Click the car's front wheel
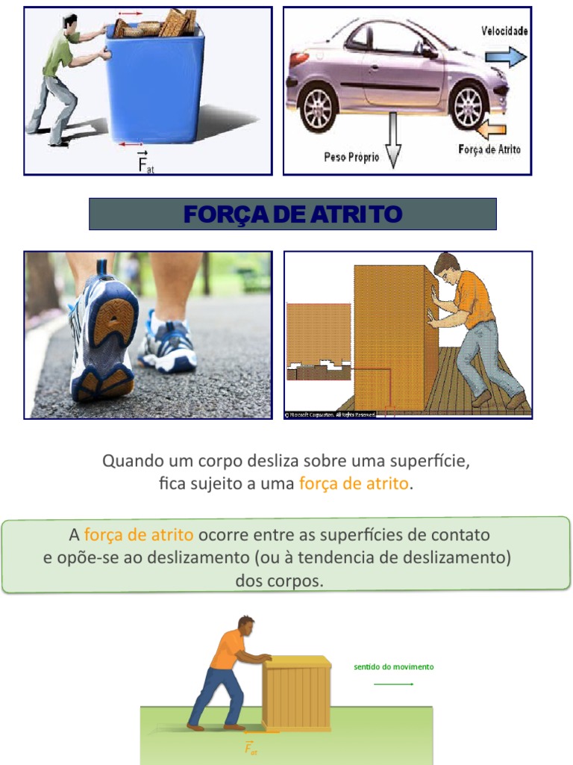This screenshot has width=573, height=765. (469, 105)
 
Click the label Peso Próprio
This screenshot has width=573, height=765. (351, 157)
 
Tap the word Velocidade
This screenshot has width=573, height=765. (504, 31)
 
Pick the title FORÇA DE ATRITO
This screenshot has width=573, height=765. (292, 214)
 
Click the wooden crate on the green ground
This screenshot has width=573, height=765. (296, 694)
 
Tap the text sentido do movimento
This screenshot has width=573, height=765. (393, 666)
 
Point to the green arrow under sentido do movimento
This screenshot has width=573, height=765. (393, 684)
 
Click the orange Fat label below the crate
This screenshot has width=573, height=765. (251, 749)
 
